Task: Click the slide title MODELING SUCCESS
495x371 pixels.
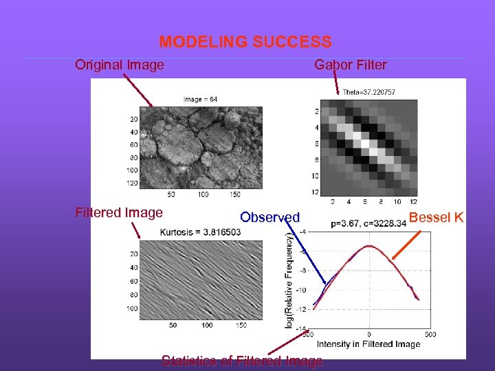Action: click(x=245, y=42)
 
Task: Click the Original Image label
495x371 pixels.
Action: click(x=120, y=65)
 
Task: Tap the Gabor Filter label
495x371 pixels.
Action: click(x=350, y=65)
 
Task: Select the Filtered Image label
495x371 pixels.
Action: click(x=119, y=213)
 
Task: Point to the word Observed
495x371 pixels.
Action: click(x=269, y=218)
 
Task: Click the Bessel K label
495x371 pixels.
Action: click(x=436, y=218)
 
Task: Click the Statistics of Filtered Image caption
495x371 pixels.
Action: click(x=241, y=361)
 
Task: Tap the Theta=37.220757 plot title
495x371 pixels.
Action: click(x=369, y=92)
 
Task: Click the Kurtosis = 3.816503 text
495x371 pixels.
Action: click(x=201, y=232)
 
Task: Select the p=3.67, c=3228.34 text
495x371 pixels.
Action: click(x=373, y=223)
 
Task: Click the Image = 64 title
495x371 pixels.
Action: click(x=201, y=99)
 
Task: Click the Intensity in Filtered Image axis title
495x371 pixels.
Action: click(x=369, y=344)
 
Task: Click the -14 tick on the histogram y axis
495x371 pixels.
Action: click(x=301, y=329)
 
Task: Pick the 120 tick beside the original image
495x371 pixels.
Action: click(x=132, y=183)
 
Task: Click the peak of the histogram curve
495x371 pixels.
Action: click(x=369, y=246)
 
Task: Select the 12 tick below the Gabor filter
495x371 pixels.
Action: click(x=413, y=202)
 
